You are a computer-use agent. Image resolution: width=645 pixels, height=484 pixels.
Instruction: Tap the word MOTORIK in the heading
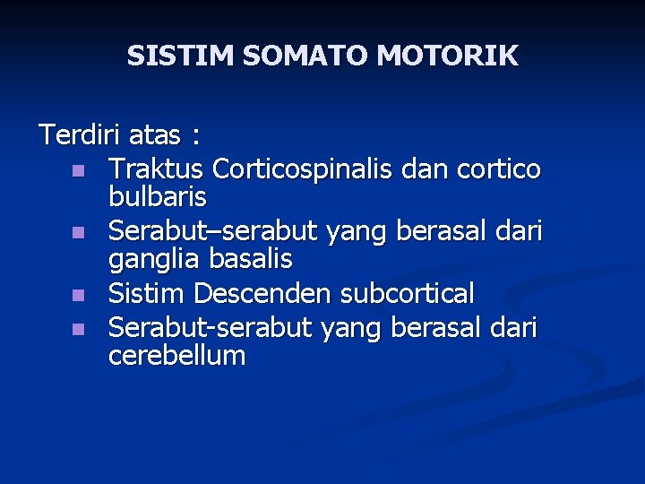(x=447, y=56)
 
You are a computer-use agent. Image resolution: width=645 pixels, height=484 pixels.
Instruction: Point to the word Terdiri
(x=80, y=135)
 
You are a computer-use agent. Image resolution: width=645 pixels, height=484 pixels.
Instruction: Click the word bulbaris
(x=158, y=195)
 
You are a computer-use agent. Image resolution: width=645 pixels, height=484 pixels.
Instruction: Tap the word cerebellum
(x=176, y=356)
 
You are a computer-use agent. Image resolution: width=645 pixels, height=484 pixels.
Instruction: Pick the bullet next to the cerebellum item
(x=79, y=329)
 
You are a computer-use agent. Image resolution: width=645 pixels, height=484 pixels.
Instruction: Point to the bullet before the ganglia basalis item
(x=79, y=233)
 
